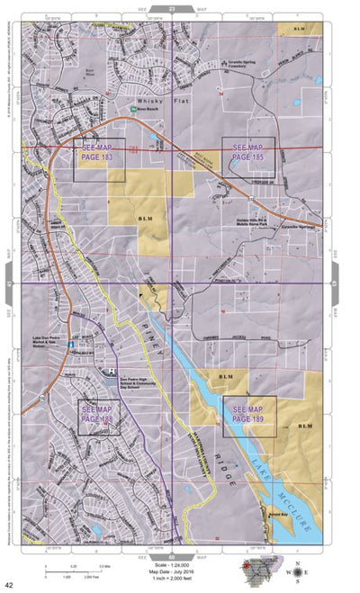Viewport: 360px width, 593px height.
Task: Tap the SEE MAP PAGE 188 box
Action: [101, 417]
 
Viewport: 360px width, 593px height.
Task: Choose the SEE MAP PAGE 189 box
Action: [249, 415]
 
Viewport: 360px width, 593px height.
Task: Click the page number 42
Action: [8, 585]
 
